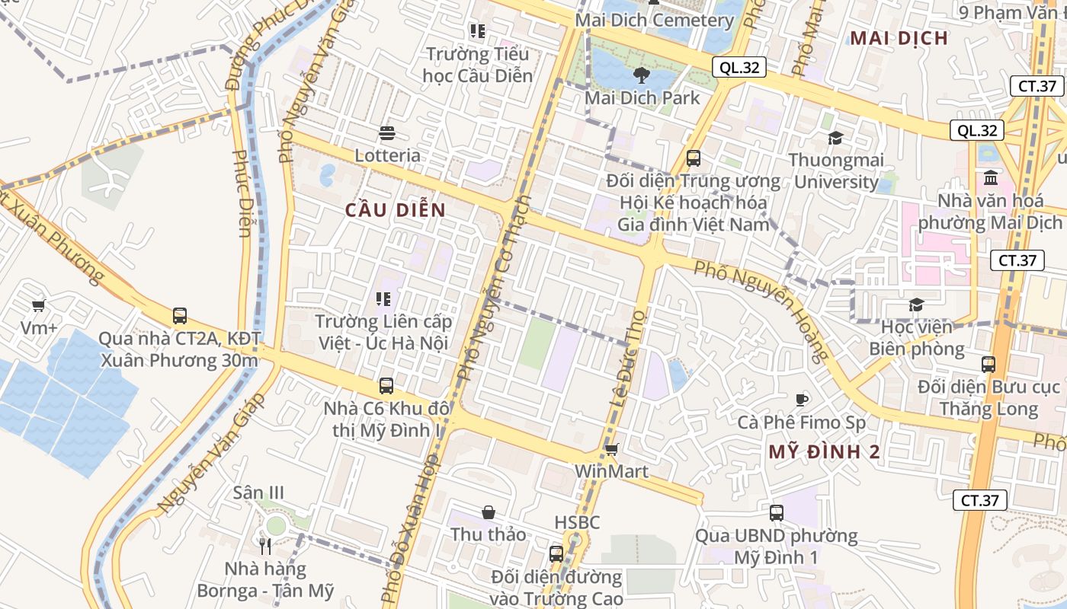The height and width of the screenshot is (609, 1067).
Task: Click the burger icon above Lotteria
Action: (386, 134)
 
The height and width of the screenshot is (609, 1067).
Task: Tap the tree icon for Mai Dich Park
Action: (641, 75)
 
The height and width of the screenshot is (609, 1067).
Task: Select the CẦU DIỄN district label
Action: (395, 210)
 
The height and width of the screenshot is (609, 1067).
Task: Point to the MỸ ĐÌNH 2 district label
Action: (824, 451)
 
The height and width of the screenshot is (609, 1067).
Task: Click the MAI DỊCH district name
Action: (899, 38)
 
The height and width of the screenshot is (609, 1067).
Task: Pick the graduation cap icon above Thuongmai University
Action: (836, 139)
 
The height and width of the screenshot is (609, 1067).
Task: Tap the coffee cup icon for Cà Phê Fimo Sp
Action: (801, 400)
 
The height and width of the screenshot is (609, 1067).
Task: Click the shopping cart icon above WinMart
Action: (611, 450)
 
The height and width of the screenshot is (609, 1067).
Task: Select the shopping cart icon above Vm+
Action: (39, 306)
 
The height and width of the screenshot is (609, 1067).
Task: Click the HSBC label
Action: (577, 522)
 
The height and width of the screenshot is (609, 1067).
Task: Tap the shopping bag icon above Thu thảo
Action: (489, 513)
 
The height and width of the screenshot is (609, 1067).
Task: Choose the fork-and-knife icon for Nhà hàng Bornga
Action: (265, 547)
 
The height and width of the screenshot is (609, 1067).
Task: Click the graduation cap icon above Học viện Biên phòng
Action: (916, 305)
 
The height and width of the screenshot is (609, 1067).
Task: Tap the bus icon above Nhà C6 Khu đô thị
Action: (386, 386)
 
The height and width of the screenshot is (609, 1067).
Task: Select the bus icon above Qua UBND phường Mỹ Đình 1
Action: (777, 513)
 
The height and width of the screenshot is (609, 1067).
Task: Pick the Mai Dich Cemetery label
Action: (654, 21)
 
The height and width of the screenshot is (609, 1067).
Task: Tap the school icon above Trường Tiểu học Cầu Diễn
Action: (478, 31)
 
